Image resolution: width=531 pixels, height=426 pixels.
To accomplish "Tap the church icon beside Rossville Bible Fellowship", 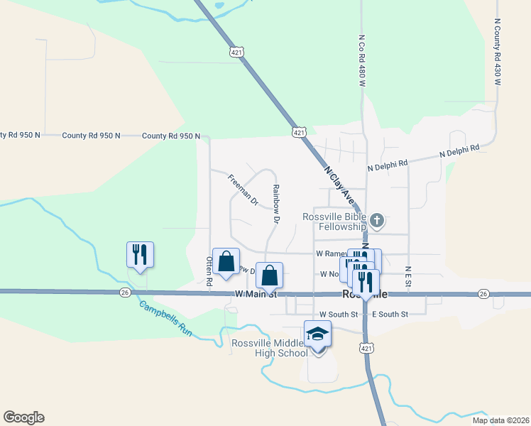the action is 378,221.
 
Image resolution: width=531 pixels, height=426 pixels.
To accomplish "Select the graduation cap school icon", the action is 318,334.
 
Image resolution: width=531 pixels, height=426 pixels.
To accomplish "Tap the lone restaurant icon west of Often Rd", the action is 140,255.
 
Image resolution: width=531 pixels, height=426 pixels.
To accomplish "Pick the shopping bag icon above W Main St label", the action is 270,275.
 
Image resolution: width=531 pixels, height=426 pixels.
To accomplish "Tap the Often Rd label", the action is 209,271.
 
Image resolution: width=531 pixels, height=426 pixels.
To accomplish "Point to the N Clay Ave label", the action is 339,182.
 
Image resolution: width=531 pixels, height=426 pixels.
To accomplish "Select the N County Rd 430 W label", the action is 497,53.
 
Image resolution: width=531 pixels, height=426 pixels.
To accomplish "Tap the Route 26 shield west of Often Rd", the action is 126,292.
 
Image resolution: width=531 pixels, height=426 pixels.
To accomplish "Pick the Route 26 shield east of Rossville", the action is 483,294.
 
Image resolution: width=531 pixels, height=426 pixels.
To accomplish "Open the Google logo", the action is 23,417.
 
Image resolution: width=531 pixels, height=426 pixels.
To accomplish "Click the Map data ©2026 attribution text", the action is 500,420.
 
